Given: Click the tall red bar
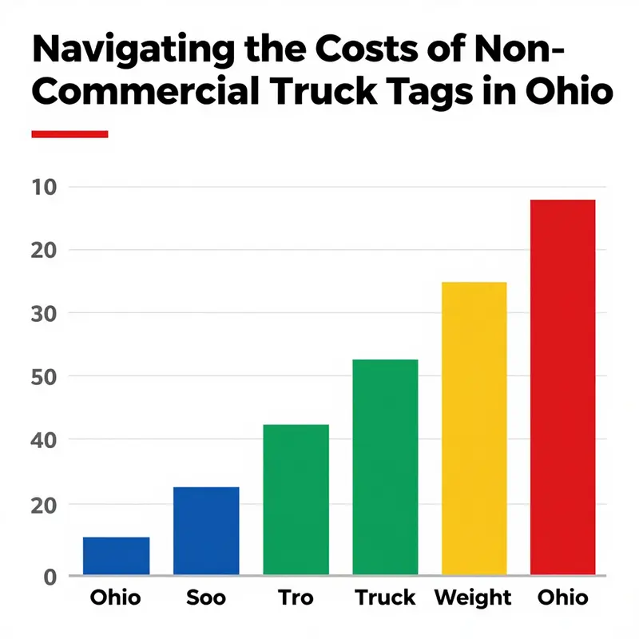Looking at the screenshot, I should (563, 387).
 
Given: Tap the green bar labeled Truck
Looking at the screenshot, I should (385, 466).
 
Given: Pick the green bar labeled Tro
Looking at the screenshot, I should (296, 498).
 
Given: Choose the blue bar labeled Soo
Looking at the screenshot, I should (206, 530).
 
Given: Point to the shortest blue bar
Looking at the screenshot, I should (117, 555).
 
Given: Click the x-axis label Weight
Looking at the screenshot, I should (474, 597).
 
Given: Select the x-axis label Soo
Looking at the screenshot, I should (205, 597).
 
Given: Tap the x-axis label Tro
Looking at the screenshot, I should (296, 597).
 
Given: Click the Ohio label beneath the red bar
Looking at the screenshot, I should (563, 597).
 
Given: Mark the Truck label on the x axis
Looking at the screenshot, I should (385, 597).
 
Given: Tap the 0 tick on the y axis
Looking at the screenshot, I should (50, 575).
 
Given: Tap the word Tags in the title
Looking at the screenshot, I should (443, 93).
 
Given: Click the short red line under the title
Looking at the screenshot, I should (69, 134).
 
